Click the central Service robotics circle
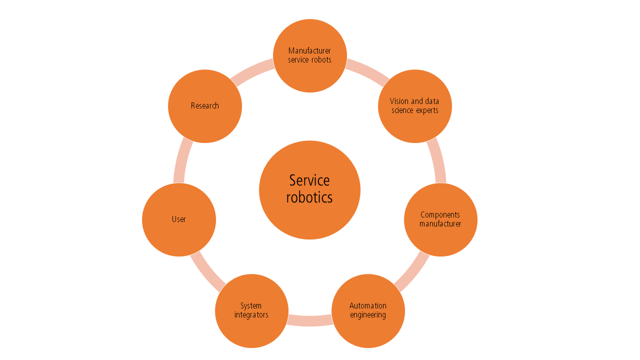click(x=309, y=190)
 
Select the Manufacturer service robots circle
click(x=310, y=55)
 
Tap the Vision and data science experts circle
click(x=415, y=106)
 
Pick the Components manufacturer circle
click(x=440, y=219)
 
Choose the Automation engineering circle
click(x=368, y=311)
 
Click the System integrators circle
click(x=251, y=311)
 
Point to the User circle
click(x=179, y=219)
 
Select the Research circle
click(x=205, y=106)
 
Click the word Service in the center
click(x=309, y=180)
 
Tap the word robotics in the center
click(x=309, y=197)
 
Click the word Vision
click(x=399, y=101)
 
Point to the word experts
click(x=427, y=110)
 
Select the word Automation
click(x=368, y=306)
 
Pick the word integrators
click(x=251, y=315)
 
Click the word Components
click(x=440, y=215)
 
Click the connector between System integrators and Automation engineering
click(x=310, y=320)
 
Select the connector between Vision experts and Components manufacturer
click(x=437, y=160)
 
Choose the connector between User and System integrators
click(x=206, y=272)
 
